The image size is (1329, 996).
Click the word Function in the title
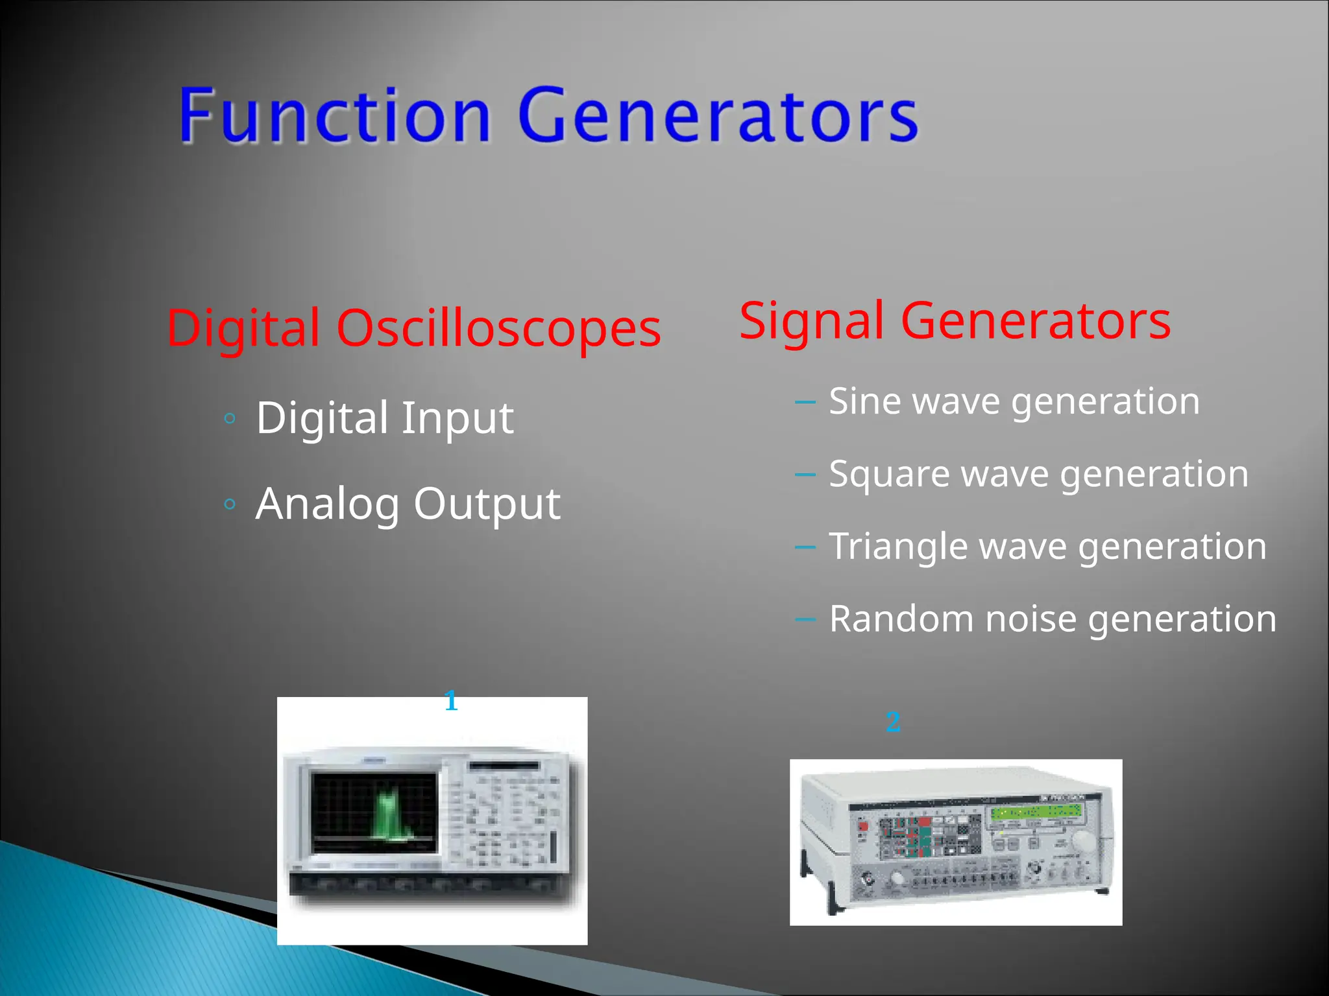coord(334,117)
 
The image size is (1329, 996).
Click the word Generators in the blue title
coord(717,117)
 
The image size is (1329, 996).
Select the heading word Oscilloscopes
coord(498,328)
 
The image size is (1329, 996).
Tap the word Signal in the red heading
coord(811,320)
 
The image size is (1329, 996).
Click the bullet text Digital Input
coord(384,418)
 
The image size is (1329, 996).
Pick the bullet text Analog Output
coord(408,504)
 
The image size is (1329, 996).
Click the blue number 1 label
coord(451,702)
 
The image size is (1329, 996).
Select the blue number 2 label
coord(893,722)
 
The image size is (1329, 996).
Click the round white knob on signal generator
coord(1082,841)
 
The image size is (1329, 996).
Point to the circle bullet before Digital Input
coord(229,419)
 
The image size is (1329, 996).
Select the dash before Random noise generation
coord(805,619)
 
